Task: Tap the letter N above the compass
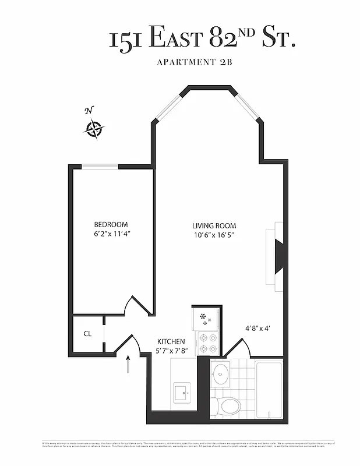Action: coord(89,111)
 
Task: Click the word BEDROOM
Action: coord(111,225)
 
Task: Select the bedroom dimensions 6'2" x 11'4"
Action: coord(111,235)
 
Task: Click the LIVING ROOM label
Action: coord(214,226)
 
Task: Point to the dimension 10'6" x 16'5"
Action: coord(214,235)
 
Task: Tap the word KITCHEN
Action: coord(171,341)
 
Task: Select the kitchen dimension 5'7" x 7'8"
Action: coord(171,351)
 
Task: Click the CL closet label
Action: coord(87,334)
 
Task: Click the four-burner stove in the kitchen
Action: coord(208,343)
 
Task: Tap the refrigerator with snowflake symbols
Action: coord(205,318)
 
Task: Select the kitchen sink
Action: coord(183,392)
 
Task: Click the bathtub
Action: coord(269,389)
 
